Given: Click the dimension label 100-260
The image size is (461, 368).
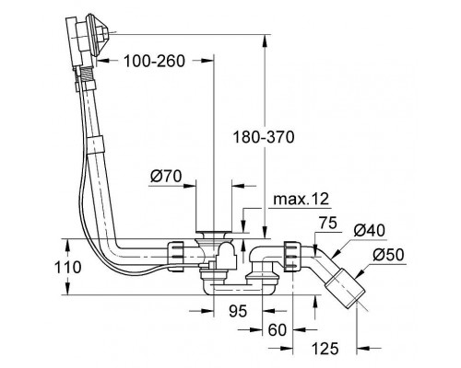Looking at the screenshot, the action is tap(154, 61).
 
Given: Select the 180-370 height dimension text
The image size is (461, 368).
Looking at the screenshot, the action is tap(264, 137).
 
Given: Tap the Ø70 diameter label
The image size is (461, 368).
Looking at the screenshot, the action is tap(166, 177).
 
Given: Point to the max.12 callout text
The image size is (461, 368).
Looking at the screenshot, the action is tap(301, 200).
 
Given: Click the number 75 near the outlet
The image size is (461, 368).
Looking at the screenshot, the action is tap(328, 223).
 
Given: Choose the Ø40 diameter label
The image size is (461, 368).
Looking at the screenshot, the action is tap(369, 230).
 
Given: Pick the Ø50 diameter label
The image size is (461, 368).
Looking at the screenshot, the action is tap(388, 255).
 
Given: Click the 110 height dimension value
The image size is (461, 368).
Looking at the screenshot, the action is tap(68, 267).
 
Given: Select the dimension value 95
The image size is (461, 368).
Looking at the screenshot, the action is tap(238, 312).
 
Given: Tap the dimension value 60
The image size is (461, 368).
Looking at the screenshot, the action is tap(278, 330).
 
